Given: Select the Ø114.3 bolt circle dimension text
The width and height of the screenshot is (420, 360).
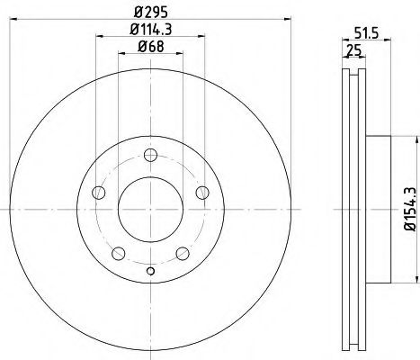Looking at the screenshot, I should (x=149, y=32).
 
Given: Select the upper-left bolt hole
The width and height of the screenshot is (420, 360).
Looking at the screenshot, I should (x=101, y=193).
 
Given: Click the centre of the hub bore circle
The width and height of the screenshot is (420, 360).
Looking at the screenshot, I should (x=150, y=209).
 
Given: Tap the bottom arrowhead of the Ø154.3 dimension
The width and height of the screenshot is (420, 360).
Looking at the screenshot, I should (x=416, y=278).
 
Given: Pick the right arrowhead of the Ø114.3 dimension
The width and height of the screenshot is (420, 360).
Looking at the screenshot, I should (x=201, y=40).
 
